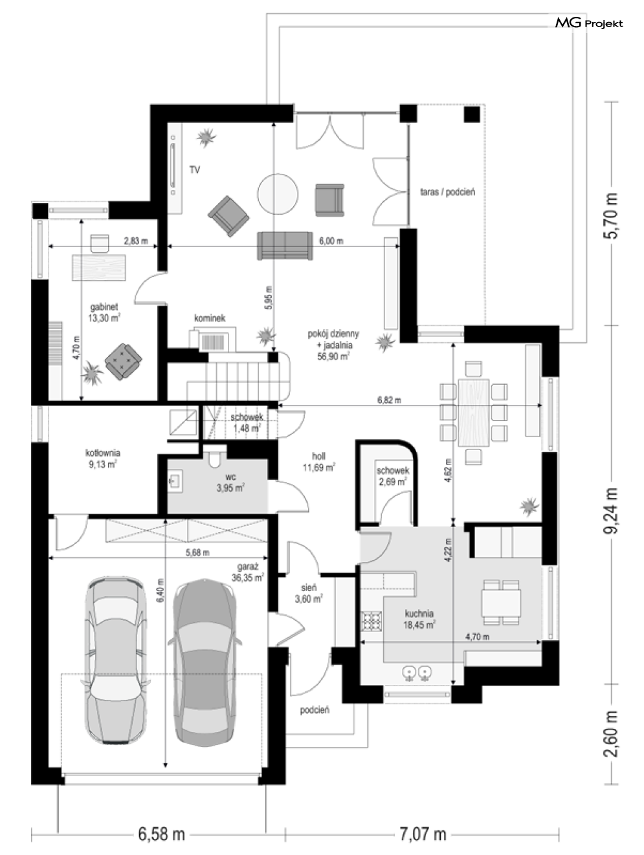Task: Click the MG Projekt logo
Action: [589, 23]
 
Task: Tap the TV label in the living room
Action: [195, 170]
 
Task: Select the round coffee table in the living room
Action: [278, 193]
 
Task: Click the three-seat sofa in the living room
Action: [285, 246]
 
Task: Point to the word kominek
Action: [210, 318]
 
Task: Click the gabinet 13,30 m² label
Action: [104, 312]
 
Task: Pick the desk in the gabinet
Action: [99, 268]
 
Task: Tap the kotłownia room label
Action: [102, 459]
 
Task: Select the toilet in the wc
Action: [215, 459]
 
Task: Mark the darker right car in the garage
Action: [205, 662]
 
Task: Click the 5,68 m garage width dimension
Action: [197, 552]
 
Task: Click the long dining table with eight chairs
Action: [474, 413]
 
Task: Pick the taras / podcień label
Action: [447, 191]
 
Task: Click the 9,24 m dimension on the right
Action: [611, 510]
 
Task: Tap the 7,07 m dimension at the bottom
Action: [423, 834]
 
